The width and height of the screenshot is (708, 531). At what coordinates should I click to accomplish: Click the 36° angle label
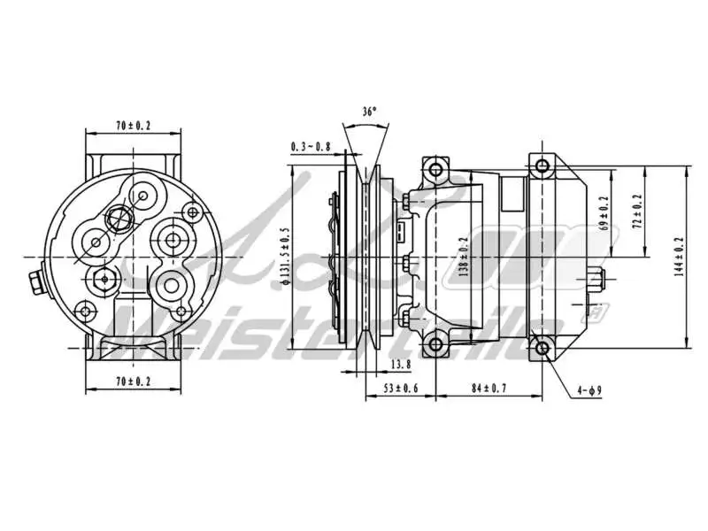point(369,112)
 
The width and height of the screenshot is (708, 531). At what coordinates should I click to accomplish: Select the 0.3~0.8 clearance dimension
point(310,147)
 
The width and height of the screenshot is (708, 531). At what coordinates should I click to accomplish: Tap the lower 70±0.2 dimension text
point(133,381)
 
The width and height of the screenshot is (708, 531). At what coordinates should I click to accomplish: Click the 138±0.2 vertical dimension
point(463,257)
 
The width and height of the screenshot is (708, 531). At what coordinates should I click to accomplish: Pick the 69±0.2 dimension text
point(604,213)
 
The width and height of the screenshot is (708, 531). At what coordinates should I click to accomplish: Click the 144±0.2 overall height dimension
point(679,256)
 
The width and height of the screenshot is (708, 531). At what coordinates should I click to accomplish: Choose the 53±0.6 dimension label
point(400,388)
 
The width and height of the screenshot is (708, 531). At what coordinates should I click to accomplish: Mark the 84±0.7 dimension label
point(488,388)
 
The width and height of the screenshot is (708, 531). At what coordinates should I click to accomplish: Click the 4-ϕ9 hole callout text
point(589,389)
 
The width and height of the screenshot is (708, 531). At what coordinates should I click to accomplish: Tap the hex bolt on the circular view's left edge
point(34,284)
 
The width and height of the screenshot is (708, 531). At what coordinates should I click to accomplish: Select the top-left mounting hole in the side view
point(433,169)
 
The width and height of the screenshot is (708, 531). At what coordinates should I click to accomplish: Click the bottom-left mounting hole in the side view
point(433,344)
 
